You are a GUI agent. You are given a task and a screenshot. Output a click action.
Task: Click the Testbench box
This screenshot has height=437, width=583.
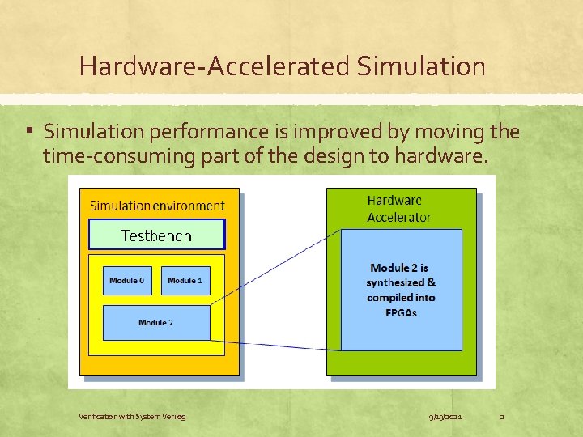coord(156,235)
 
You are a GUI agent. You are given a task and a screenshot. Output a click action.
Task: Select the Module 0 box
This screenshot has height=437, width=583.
coord(127,281)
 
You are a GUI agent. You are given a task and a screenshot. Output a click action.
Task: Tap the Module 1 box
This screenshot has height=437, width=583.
coord(185,281)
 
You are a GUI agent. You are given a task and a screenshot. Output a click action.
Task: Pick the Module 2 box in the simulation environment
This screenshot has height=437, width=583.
coord(155,323)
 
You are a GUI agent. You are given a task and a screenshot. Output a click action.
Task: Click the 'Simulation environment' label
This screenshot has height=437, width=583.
coord(157,206)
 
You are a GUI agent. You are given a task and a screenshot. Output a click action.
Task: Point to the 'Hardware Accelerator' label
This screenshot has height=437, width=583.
coord(398,208)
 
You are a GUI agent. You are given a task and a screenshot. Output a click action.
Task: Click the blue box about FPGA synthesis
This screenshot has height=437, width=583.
coord(401,290)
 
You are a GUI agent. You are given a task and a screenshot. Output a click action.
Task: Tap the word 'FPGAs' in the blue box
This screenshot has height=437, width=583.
coord(401,312)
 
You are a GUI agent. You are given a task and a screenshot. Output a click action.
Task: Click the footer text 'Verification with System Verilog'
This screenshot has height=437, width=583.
coord(132,417)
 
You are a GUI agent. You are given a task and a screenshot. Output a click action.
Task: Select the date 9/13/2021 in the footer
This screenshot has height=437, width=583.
coord(445,417)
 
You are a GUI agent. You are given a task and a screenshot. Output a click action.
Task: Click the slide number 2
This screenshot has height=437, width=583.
coord(502,417)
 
